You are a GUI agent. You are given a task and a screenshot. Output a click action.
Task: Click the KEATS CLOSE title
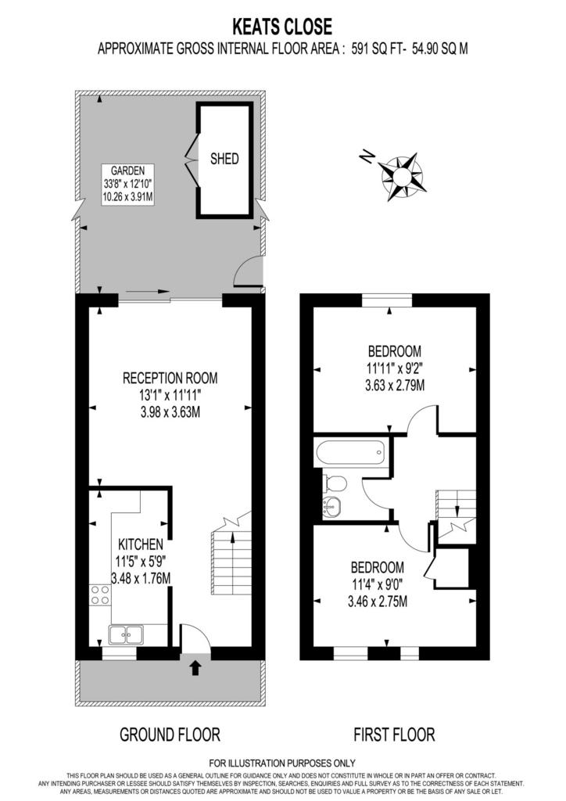coord(282,26)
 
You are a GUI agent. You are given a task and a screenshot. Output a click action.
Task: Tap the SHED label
coord(224,159)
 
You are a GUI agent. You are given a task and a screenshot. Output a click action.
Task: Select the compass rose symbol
coord(402,176)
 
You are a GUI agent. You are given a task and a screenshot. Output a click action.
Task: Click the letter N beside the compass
coord(366,156)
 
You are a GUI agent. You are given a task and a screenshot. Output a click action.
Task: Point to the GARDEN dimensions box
coord(127,185)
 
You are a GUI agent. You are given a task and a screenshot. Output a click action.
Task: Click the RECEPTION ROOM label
coord(170,378)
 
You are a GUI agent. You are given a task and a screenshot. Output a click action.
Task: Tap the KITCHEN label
coord(141,544)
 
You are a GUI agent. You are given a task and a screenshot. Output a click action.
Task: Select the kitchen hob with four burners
coord(100,595)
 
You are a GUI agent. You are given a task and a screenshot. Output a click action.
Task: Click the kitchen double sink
coord(126,634)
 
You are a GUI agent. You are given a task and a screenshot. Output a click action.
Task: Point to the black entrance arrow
coord(195,668)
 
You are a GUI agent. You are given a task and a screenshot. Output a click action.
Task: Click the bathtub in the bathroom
coord(351,453)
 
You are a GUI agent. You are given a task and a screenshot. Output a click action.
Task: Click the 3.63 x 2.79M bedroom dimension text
coord(395,385)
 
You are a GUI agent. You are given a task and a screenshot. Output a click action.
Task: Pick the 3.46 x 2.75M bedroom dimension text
coord(378,602)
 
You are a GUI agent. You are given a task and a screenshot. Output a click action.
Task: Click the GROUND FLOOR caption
coord(170,735)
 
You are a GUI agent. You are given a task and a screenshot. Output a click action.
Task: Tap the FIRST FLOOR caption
coord(395,735)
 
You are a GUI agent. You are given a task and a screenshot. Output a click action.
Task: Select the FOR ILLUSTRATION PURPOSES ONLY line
coord(282,763)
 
